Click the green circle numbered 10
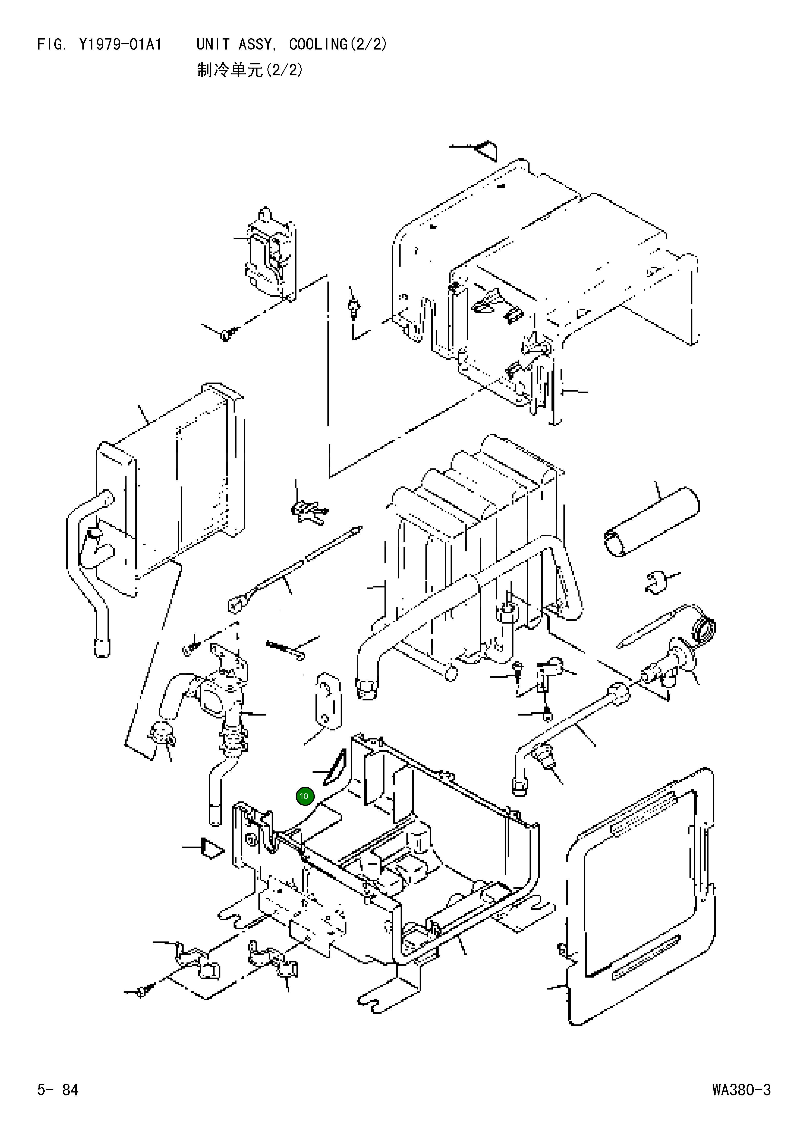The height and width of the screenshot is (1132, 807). (x=304, y=796)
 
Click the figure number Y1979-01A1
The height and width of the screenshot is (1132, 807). (x=120, y=45)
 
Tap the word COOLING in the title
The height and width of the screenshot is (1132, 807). (x=318, y=45)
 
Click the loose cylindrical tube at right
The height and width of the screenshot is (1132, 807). (x=651, y=522)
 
